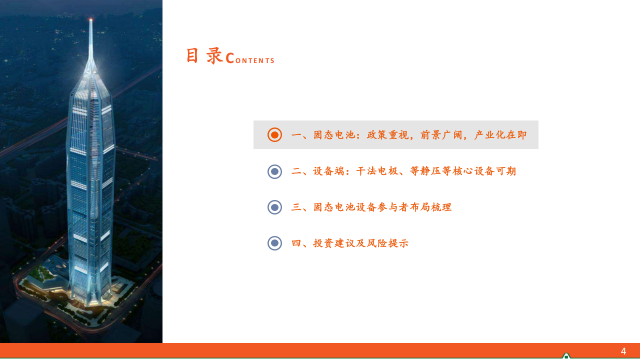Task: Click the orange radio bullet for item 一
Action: tap(274, 135)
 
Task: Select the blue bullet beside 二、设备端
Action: tap(274, 171)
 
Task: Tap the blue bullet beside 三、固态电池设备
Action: tap(274, 207)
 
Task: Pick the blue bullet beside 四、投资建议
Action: tap(274, 243)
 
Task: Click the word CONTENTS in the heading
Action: tap(250, 58)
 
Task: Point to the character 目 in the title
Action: tap(192, 55)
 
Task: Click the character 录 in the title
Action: tap(214, 55)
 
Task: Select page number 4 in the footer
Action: tap(623, 351)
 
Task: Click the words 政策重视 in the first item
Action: tap(387, 135)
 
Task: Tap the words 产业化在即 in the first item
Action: tap(500, 135)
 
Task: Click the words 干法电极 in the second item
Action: tap(377, 171)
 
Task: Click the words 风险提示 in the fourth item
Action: tap(387, 243)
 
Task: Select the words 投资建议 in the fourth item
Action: tap(334, 243)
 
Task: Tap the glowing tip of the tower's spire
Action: tap(91, 20)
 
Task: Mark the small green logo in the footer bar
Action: tap(566, 355)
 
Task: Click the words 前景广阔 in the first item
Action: tap(441, 135)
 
